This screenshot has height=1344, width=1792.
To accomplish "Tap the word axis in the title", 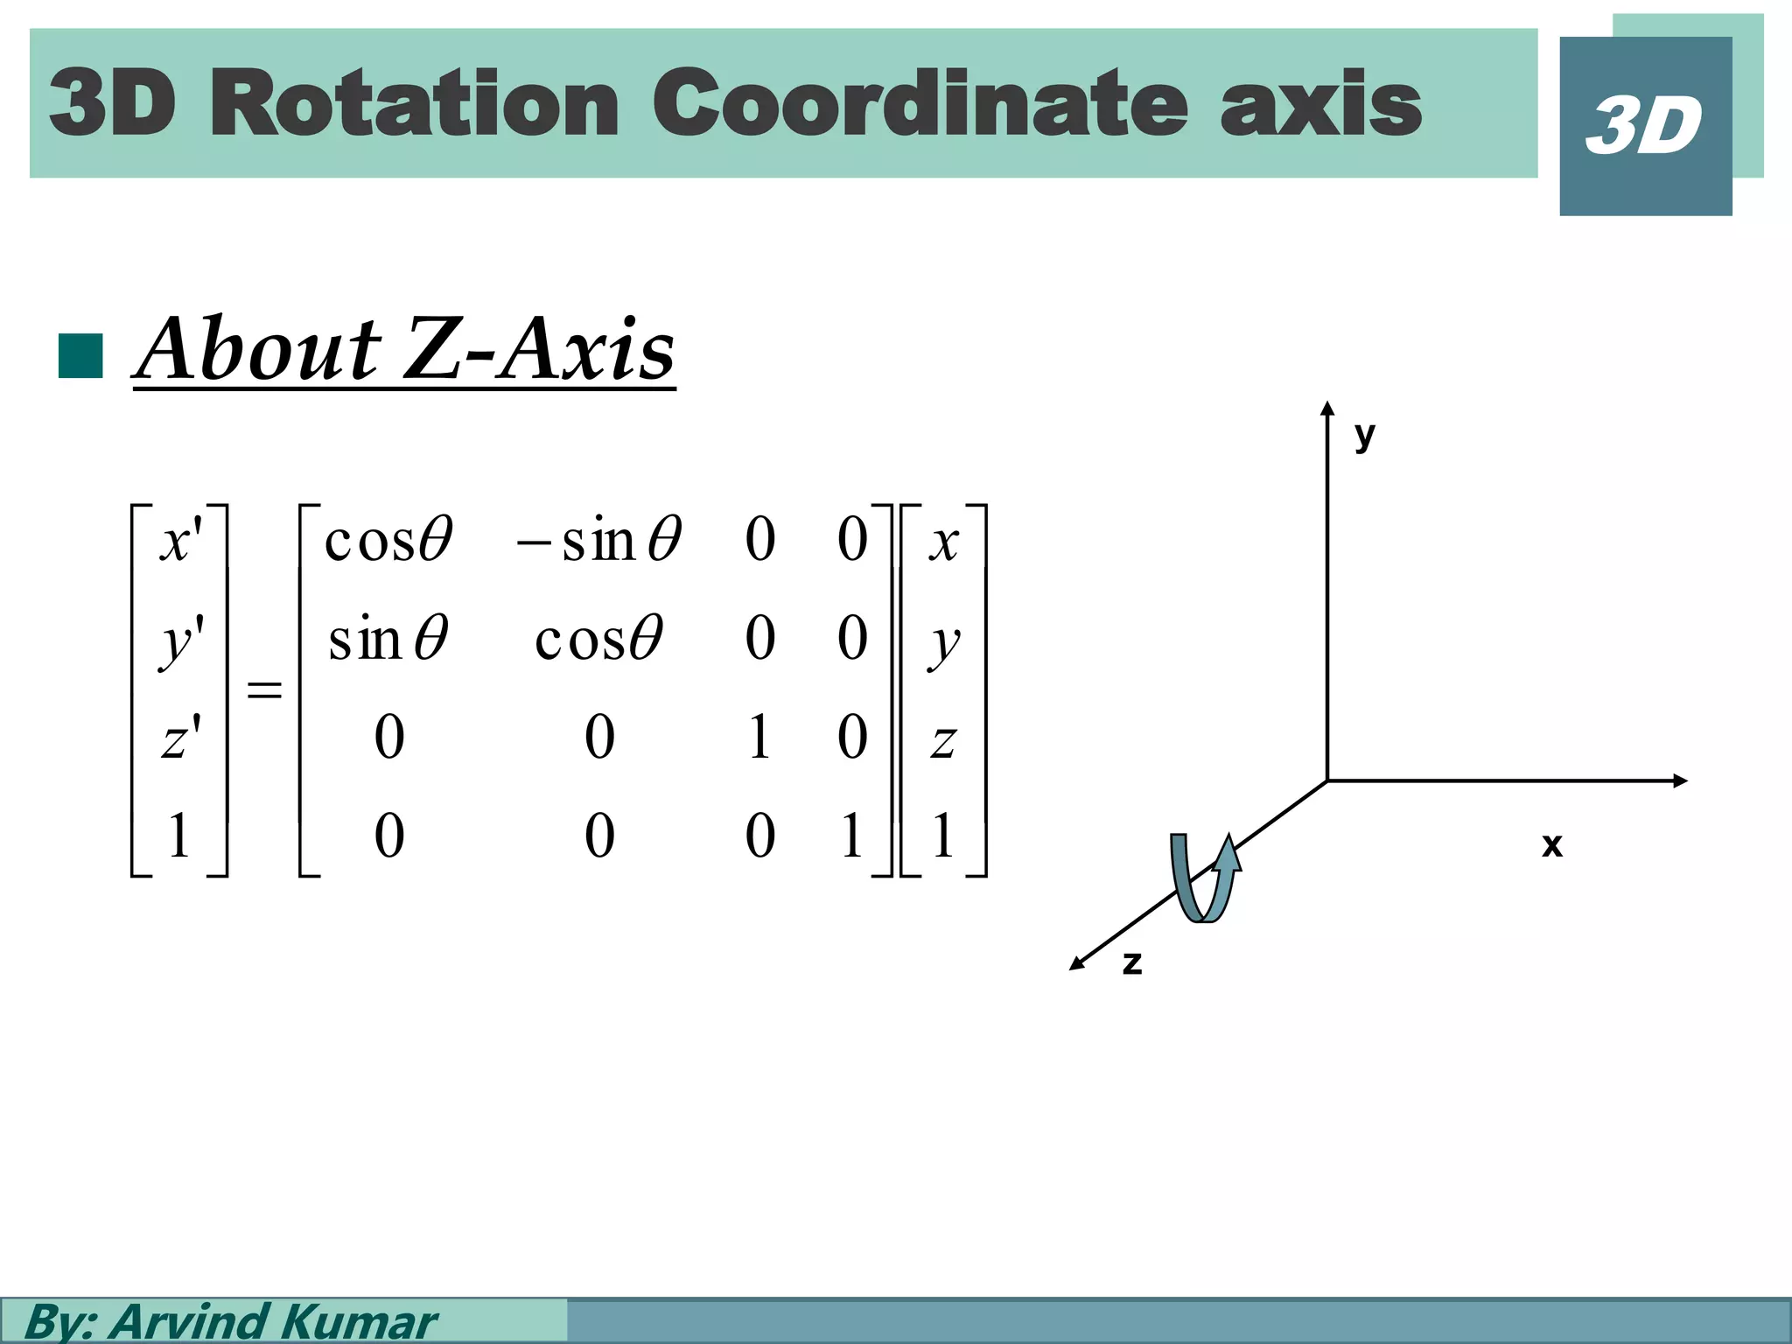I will click(x=1320, y=105).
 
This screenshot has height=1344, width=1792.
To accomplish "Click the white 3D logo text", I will click(x=1644, y=126).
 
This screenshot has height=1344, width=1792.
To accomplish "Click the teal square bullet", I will click(x=80, y=356).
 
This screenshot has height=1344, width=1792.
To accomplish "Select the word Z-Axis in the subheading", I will click(x=540, y=350).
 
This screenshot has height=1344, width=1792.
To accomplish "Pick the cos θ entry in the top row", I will click(x=388, y=539).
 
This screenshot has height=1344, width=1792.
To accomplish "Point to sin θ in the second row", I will click(x=388, y=638).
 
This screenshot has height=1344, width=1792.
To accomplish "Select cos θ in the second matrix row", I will click(x=599, y=638).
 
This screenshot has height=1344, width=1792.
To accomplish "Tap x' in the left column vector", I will click(x=180, y=539).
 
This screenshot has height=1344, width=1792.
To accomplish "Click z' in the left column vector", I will click(x=180, y=737).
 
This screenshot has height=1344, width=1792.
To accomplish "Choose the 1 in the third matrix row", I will click(x=759, y=737).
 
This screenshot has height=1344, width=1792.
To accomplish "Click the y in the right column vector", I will click(x=943, y=643).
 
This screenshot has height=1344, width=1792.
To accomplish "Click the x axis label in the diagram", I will click(x=1551, y=844).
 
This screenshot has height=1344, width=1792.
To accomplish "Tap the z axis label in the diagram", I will click(x=1131, y=962).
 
